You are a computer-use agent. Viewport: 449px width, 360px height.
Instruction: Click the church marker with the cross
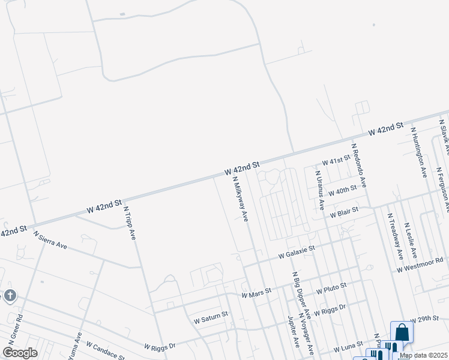[x=9, y=295]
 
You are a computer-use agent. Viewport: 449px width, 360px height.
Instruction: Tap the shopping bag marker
[x=402, y=332]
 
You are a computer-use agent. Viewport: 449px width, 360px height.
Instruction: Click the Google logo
[x=20, y=352]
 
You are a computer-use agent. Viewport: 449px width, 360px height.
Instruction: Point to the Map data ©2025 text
[x=423, y=355]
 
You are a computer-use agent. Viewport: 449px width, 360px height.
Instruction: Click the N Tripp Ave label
[x=129, y=224]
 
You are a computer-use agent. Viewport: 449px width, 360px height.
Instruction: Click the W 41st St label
[x=336, y=161]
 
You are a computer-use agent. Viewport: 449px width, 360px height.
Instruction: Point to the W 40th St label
[x=343, y=191]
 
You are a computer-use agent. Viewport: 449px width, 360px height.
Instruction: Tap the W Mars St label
[x=256, y=293]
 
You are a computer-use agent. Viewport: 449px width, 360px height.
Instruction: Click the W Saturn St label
[x=211, y=317]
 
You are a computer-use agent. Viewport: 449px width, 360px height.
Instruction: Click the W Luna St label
[x=349, y=345]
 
